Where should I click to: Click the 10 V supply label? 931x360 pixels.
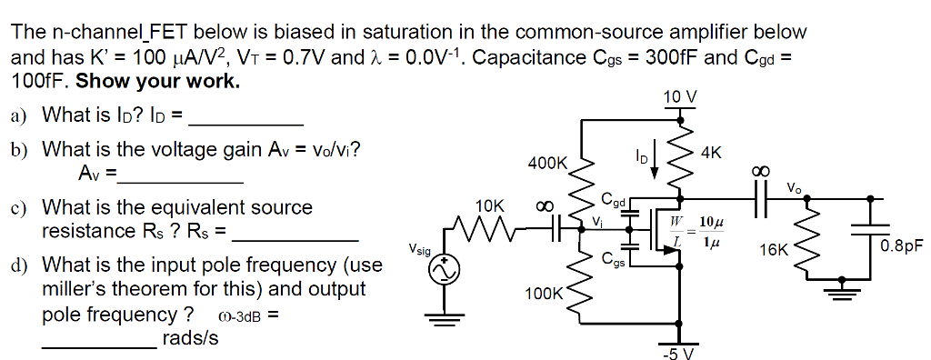(x=681, y=97)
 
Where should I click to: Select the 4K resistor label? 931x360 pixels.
(x=711, y=154)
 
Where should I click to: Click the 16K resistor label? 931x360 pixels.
(x=774, y=247)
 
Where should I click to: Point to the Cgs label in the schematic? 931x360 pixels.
(x=614, y=257)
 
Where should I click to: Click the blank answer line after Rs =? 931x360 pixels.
(x=295, y=238)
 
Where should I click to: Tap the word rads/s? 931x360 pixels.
(x=190, y=338)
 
